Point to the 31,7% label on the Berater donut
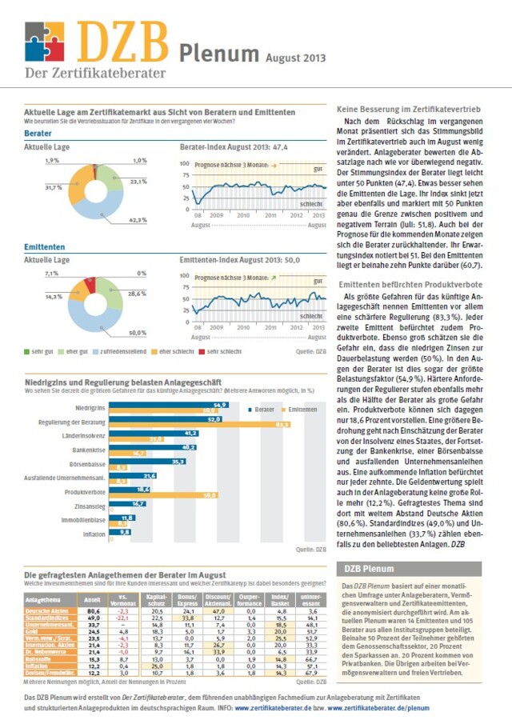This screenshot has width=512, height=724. pyautogui.click(x=54, y=187)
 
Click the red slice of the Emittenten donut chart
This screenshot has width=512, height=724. pyautogui.click(x=90, y=285)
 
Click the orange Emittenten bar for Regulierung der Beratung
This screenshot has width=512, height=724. pyautogui.click(x=199, y=424)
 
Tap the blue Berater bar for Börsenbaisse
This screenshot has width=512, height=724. pyautogui.click(x=149, y=462)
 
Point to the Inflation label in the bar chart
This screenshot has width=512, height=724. pyautogui.click(x=94, y=532)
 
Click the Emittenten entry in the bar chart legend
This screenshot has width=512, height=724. pyautogui.click(x=299, y=410)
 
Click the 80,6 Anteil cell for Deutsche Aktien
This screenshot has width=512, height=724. pyautogui.click(x=93, y=611)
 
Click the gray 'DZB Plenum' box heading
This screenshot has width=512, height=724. pyautogui.click(x=368, y=570)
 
